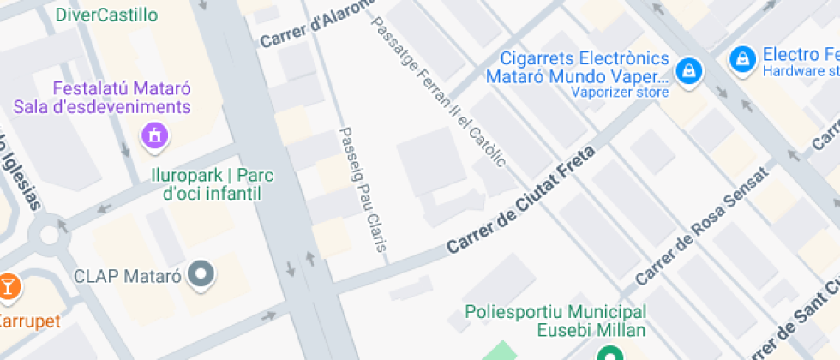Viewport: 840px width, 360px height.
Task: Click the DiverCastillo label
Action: pos(106,15)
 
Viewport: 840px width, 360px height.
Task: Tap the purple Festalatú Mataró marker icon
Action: pos(154,134)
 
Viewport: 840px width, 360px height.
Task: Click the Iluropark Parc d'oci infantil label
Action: pos(212,184)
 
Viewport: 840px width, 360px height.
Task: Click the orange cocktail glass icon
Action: pos(8,286)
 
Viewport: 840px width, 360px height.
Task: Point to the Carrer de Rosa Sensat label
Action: pos(701,228)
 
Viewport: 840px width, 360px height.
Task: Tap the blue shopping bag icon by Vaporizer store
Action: pos(687,71)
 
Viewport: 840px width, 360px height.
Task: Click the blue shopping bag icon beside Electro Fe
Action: pos(741,59)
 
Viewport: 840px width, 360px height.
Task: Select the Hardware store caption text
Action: pos(801,71)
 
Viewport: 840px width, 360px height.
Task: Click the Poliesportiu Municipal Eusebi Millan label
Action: pos(555,321)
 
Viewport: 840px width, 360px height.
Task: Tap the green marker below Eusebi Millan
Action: pos(609,353)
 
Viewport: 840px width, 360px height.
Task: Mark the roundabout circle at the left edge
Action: pos(49,231)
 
